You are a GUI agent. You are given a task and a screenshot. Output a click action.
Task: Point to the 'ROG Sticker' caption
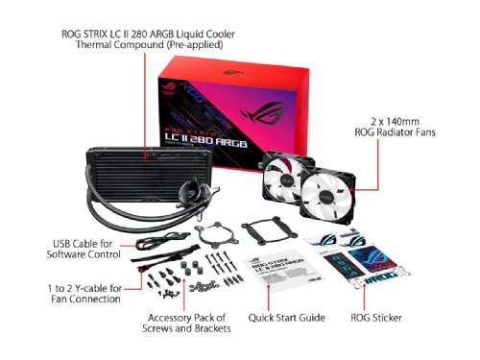[x=375, y=317]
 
